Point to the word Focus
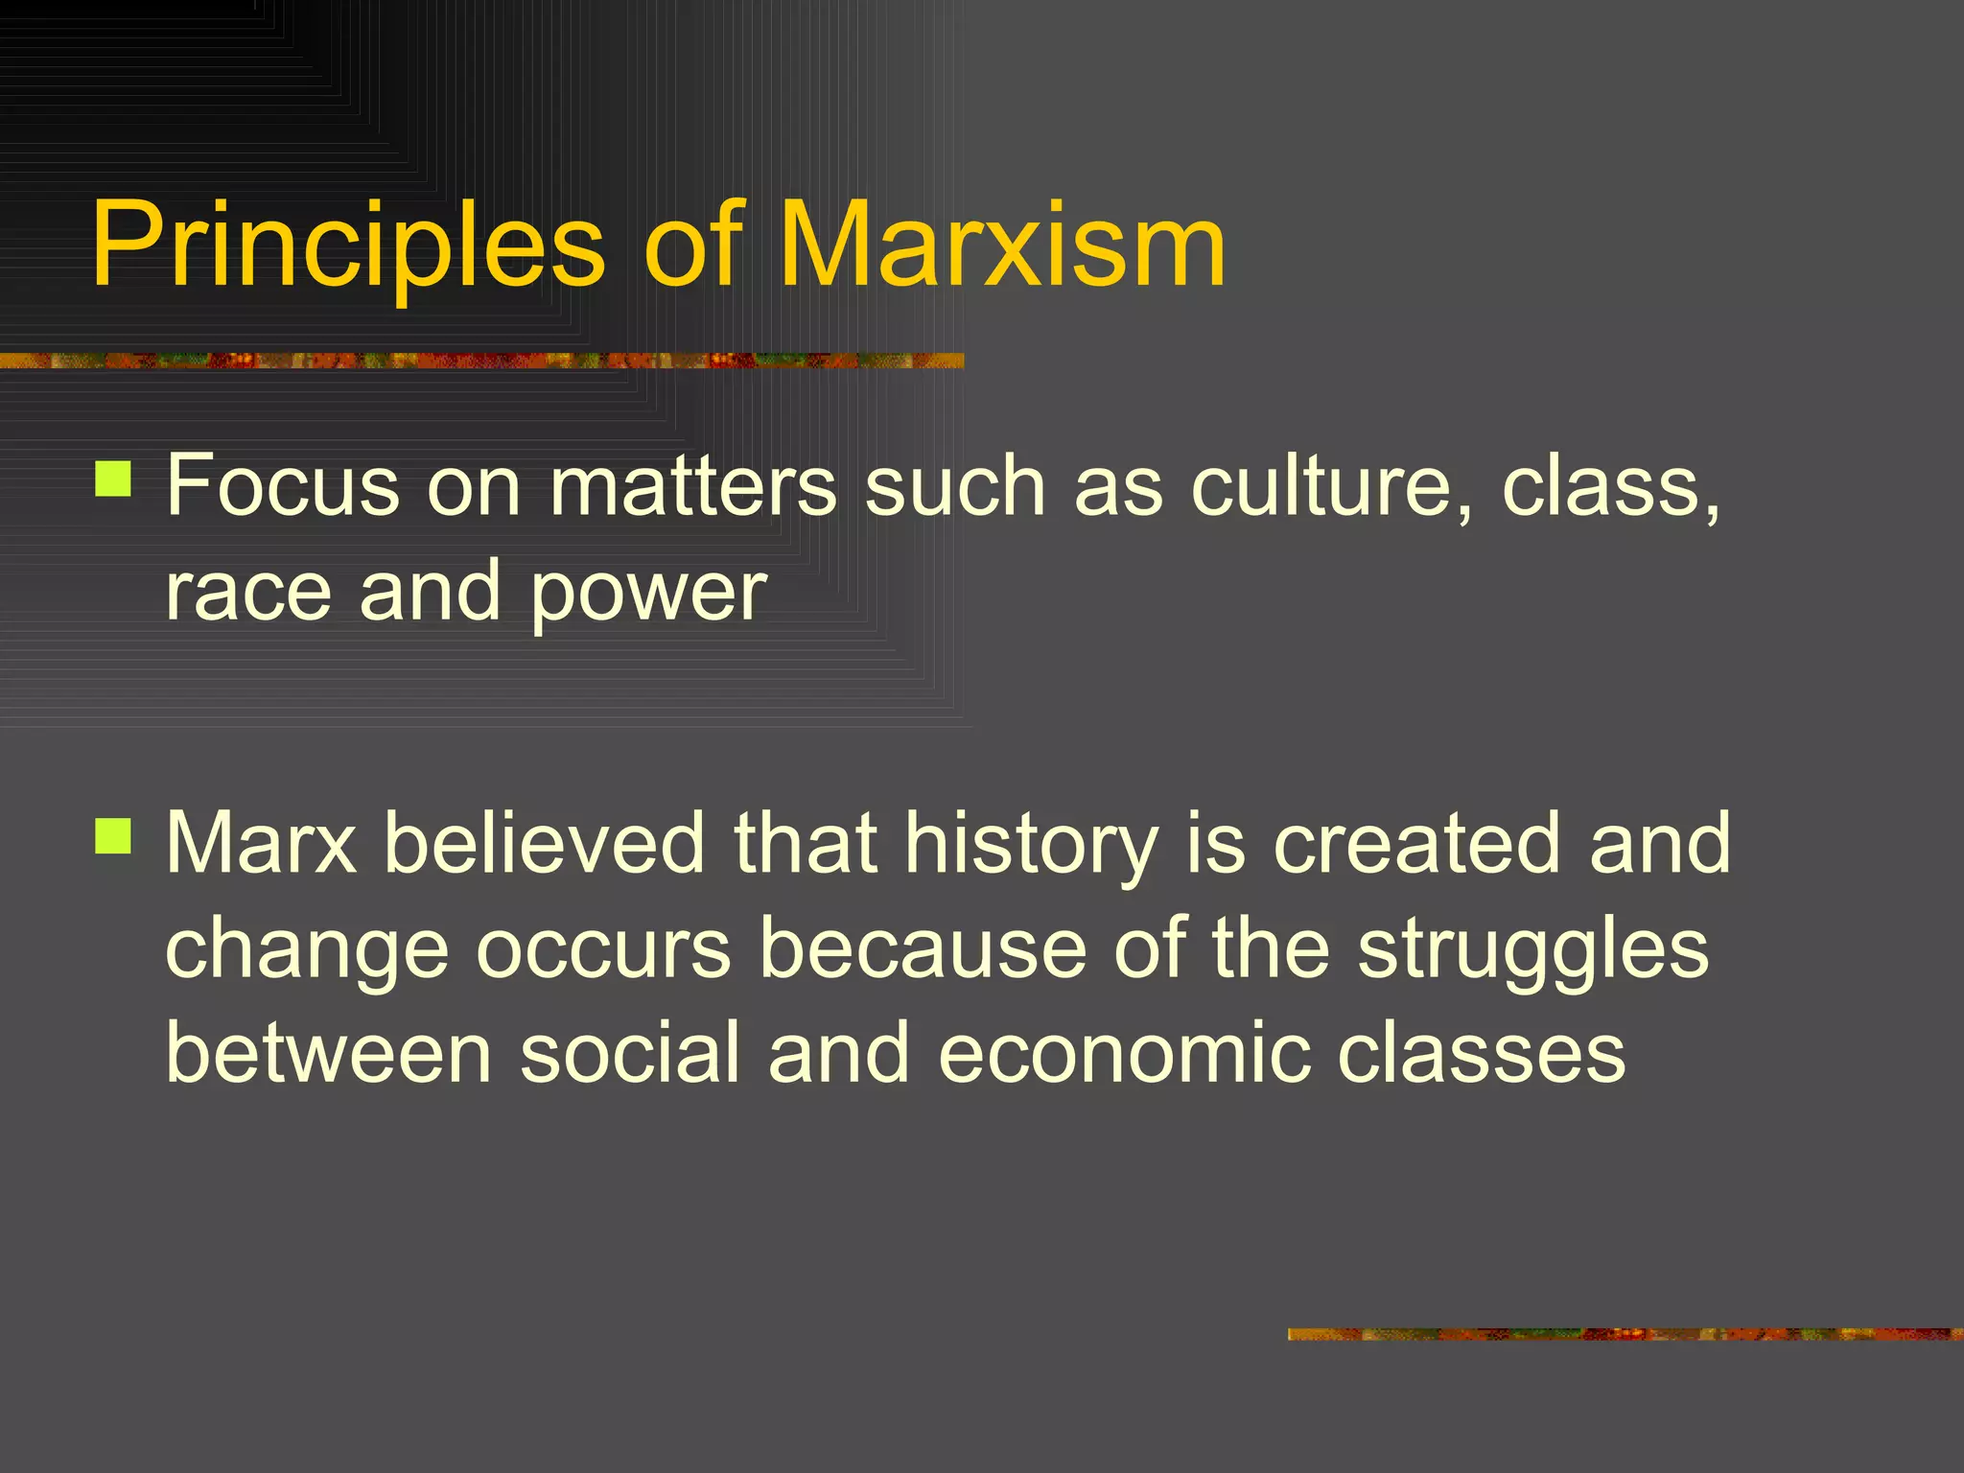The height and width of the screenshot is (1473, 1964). (x=283, y=486)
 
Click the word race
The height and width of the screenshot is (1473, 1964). (x=248, y=592)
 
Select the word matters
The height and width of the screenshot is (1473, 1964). (x=692, y=486)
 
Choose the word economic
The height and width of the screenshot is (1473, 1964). (x=1123, y=1053)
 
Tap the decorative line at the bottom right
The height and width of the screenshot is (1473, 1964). (x=1625, y=1334)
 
